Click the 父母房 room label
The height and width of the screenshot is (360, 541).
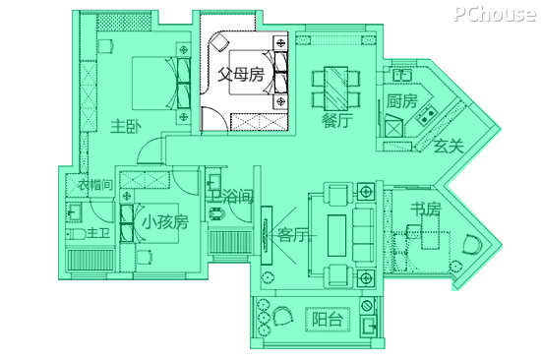241,75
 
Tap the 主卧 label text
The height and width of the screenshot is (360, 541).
126,127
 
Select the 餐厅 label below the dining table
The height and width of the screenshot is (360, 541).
337,120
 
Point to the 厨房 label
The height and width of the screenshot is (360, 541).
401,100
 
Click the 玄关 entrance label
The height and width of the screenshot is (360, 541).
449,147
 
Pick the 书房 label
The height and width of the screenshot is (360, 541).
426,209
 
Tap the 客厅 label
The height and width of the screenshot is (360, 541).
293,235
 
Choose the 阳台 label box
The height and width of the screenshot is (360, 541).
328,320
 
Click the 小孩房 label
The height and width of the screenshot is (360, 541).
165,221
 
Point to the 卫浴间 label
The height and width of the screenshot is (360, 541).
230,198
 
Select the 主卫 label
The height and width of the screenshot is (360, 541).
98,234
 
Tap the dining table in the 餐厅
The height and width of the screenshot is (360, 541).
335,89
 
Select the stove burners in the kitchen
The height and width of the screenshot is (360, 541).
426,115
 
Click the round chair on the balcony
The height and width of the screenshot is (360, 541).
283,316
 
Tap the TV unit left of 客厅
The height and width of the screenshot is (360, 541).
267,235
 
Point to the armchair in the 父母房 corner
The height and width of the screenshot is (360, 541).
219,42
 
